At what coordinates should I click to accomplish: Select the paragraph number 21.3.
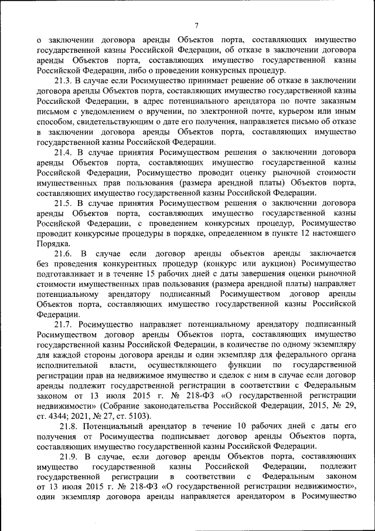[x=63, y=80]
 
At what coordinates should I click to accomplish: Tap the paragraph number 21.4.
[x=63, y=151]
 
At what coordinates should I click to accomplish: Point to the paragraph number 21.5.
[x=63, y=202]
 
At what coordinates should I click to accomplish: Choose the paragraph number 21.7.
[x=63, y=324]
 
